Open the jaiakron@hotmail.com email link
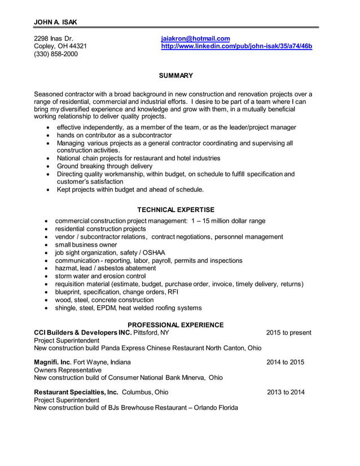(x=195, y=38)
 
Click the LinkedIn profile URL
(x=236, y=46)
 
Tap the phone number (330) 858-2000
(x=56, y=54)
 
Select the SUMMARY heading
(x=175, y=76)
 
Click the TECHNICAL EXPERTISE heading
(x=175, y=210)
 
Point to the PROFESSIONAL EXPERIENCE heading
(x=175, y=325)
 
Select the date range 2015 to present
(x=288, y=333)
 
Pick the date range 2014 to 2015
(x=285, y=362)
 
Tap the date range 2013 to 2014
(x=286, y=392)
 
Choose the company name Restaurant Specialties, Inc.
(x=76, y=392)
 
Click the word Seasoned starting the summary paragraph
(x=50, y=94)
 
